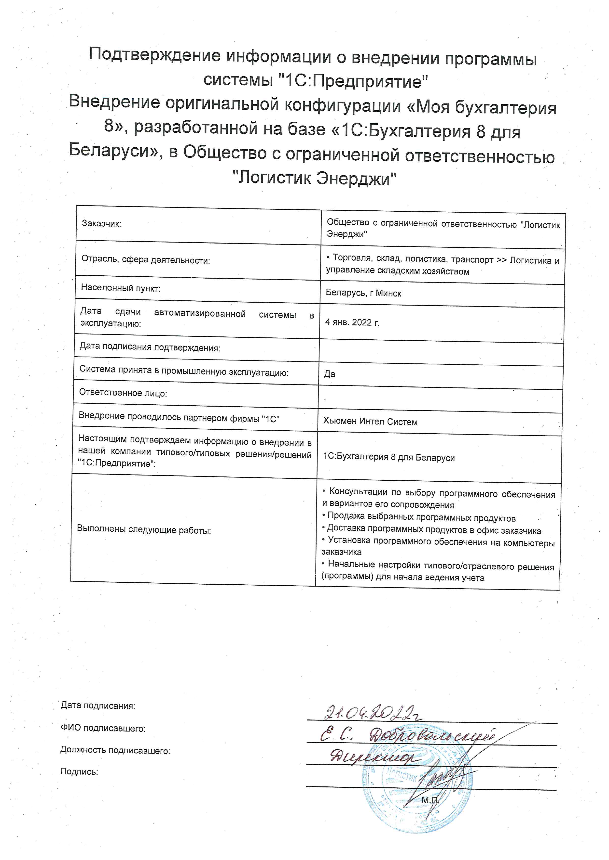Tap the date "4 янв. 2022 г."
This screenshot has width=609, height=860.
click(352, 322)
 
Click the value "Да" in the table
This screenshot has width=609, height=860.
click(330, 374)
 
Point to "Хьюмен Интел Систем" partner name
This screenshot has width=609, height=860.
click(370, 422)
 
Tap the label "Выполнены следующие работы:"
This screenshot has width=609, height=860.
click(144, 530)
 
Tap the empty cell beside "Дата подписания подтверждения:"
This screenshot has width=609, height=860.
click(441, 352)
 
